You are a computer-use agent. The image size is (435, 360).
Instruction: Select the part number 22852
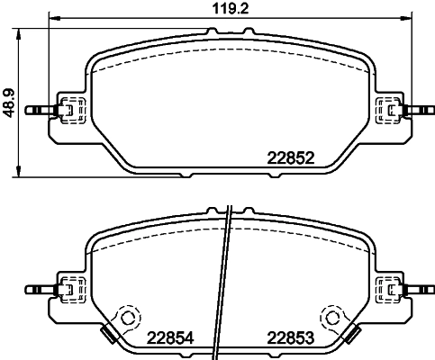(x=290, y=157)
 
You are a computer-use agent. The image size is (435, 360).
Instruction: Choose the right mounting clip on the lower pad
(x=389, y=290)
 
